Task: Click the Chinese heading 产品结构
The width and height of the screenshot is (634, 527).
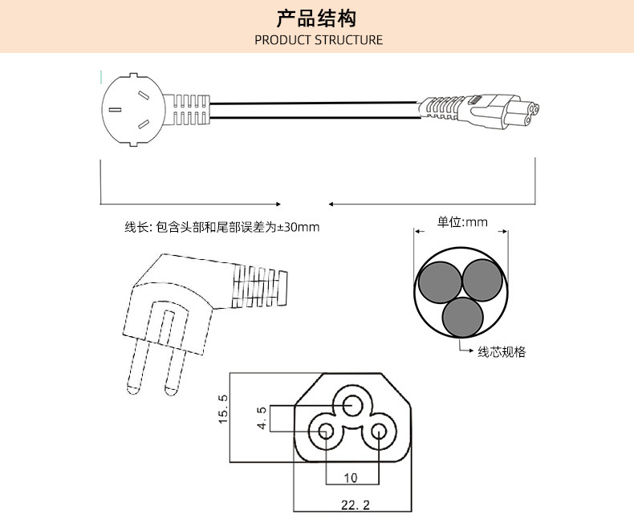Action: click(x=316, y=18)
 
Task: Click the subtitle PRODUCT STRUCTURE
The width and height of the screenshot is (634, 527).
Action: click(x=319, y=39)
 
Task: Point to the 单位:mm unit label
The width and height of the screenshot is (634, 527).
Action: click(x=462, y=221)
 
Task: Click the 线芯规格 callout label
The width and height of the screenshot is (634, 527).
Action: click(x=502, y=352)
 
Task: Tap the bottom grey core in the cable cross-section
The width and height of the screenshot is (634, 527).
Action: click(x=461, y=317)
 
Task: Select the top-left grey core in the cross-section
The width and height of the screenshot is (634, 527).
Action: click(x=440, y=282)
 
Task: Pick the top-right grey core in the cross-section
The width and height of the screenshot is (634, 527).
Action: click(x=483, y=282)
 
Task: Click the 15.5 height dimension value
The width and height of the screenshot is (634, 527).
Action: click(x=224, y=409)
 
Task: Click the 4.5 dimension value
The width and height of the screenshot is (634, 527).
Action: click(x=262, y=419)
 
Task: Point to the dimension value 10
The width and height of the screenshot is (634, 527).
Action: click(x=351, y=478)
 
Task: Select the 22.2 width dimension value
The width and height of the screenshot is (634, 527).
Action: click(x=351, y=505)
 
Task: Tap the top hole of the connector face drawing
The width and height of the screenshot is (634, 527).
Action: click(x=352, y=406)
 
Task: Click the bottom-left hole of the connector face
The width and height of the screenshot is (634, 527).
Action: click(x=326, y=433)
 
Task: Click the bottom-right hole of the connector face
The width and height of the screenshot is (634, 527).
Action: click(x=379, y=433)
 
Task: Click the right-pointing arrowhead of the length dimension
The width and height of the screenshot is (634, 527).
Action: click(x=277, y=203)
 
